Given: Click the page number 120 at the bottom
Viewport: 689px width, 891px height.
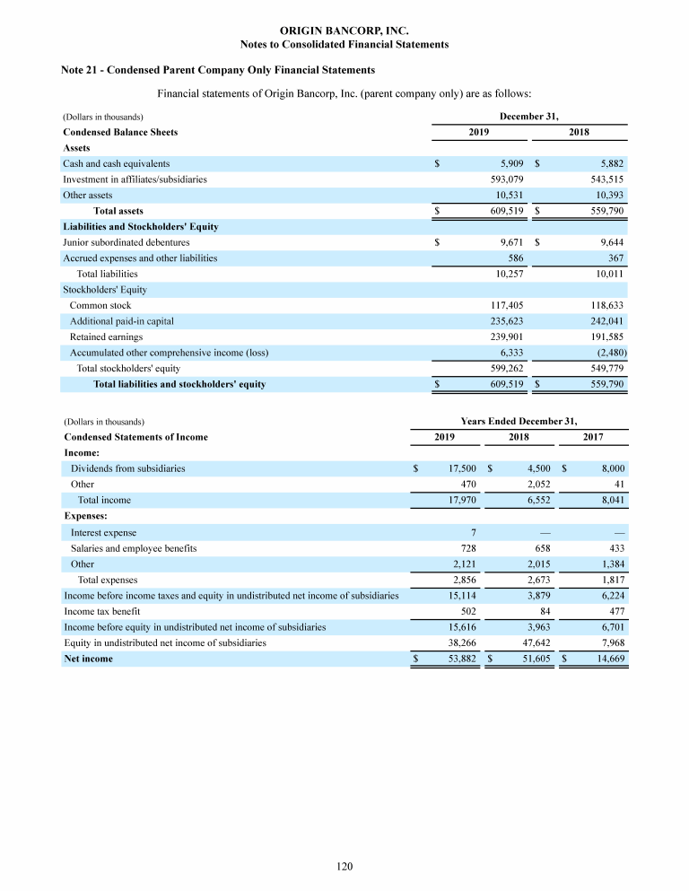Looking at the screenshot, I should (x=344, y=866).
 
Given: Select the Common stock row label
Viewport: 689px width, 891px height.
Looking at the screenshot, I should (x=100, y=305).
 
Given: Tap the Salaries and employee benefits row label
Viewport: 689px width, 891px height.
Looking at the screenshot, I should (x=134, y=548).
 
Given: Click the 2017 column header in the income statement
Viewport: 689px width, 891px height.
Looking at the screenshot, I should (x=591, y=437).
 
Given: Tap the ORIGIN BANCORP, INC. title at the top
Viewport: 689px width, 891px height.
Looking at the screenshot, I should (x=344, y=31).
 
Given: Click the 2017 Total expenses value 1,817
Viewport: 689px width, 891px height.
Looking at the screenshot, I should (x=610, y=580).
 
